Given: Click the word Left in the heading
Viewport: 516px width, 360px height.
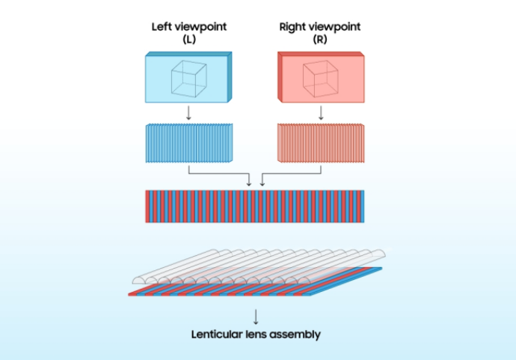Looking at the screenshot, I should [x=161, y=27].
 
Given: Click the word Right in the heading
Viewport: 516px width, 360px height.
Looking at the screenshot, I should [x=292, y=27].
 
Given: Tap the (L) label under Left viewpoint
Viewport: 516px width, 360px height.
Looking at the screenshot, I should [x=188, y=39].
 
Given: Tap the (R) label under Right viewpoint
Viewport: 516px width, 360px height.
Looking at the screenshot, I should [x=320, y=39].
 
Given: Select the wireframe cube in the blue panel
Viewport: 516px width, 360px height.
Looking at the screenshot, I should [x=188, y=78].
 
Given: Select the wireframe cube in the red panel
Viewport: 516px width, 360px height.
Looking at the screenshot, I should [x=320, y=78].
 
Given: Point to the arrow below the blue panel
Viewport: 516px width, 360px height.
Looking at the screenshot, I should [x=188, y=113].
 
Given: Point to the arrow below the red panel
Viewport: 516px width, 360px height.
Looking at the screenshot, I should [x=321, y=113].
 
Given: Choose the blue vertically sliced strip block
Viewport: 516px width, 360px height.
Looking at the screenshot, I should [x=188, y=143].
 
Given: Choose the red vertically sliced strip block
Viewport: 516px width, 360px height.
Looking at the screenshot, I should [x=321, y=143].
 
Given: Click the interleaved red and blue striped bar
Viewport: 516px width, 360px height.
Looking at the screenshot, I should [x=255, y=206].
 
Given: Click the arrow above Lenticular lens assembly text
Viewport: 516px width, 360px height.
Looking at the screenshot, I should [x=256, y=316].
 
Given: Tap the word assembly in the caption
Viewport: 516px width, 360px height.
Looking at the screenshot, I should [x=295, y=335].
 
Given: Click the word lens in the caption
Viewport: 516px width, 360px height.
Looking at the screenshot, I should [x=258, y=335].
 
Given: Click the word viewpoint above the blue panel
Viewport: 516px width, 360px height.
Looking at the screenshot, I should [x=202, y=27].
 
